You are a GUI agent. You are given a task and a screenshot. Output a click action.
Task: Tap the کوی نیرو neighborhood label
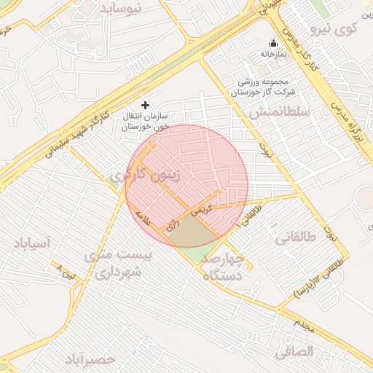pyautogui.click(x=334, y=29)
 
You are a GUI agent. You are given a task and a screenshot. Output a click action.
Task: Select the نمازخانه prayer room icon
pyautogui.click(x=274, y=42)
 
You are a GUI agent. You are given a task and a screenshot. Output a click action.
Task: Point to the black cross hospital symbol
pyautogui.click(x=145, y=105)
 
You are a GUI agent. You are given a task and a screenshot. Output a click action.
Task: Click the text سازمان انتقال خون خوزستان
pyautogui.click(x=146, y=121)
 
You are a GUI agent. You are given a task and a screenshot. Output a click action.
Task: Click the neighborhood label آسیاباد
pyautogui.click(x=31, y=244)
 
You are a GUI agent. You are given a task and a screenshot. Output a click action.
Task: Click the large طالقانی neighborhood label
pyautogui.click(x=294, y=237)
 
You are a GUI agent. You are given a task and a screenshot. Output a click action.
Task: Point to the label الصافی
pyautogui.click(x=294, y=352)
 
